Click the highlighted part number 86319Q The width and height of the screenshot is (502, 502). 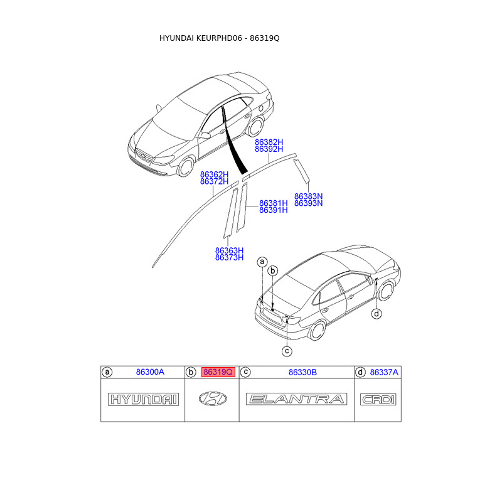(218, 372)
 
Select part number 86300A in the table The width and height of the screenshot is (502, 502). (150, 372)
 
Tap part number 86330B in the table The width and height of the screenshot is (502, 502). (302, 372)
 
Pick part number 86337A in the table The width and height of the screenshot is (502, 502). (383, 372)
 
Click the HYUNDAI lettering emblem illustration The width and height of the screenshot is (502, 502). (144, 399)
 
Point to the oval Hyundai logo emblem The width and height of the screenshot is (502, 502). (213, 398)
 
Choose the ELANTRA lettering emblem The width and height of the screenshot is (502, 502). (297, 399)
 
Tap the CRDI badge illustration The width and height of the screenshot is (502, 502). (377, 399)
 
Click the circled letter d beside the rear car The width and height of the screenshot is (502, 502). (376, 314)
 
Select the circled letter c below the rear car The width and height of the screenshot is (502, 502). (286, 351)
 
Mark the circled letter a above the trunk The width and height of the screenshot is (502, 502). (262, 261)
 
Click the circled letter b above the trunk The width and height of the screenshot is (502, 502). (273, 270)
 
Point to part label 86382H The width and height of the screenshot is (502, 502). (269, 142)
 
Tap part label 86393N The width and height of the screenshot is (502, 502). (308, 203)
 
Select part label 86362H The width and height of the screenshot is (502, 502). (214, 174)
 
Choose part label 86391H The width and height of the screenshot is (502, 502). (273, 210)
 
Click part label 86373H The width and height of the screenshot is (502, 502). (229, 257)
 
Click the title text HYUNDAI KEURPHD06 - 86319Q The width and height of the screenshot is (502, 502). (219, 38)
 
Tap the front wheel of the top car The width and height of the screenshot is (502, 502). (186, 167)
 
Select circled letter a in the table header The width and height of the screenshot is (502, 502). (107, 372)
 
